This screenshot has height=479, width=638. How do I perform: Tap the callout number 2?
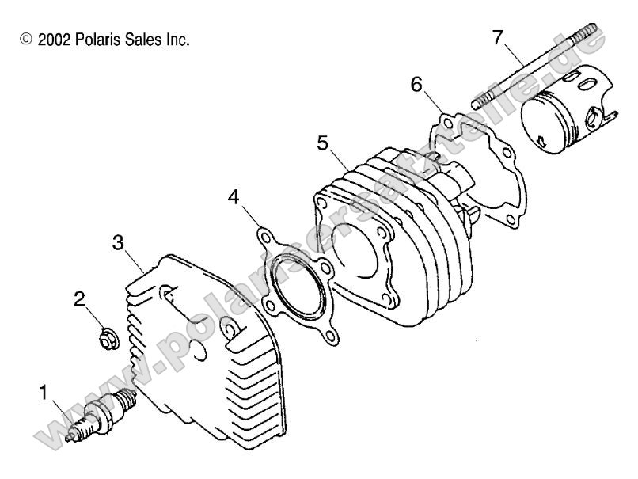point(79,299)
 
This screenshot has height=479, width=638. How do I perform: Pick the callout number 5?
point(322,143)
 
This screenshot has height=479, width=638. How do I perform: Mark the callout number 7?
point(497,37)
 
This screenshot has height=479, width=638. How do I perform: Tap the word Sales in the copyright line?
point(135,40)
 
